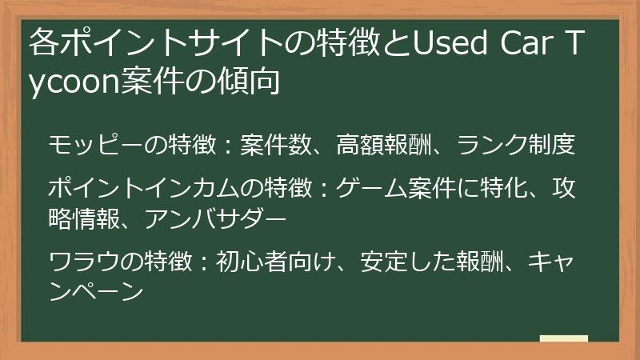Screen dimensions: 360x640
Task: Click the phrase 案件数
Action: (278, 146)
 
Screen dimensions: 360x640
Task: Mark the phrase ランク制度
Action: (517, 146)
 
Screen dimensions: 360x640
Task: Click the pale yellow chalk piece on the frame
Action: (563, 339)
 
